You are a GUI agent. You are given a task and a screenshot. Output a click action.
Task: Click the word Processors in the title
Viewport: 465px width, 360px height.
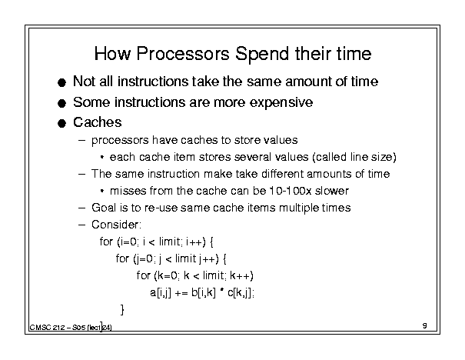(x=183, y=54)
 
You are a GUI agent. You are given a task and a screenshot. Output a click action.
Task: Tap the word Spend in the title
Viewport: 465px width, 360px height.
(x=262, y=55)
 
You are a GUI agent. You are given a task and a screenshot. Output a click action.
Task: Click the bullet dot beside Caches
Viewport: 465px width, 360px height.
(x=61, y=123)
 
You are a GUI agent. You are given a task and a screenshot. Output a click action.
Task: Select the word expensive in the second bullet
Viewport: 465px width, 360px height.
(x=281, y=102)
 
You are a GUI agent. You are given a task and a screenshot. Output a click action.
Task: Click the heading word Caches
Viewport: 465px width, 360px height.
(x=98, y=122)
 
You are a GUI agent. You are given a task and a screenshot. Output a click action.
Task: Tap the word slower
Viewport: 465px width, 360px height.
(x=332, y=191)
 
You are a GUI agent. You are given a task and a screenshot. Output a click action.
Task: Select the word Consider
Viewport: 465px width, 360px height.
(x=116, y=225)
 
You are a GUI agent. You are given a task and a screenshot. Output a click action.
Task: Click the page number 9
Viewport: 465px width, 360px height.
(x=425, y=325)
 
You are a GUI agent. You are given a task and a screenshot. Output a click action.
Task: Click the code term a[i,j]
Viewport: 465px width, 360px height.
(x=161, y=293)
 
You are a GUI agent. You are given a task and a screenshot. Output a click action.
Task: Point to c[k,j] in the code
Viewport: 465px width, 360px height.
(x=241, y=293)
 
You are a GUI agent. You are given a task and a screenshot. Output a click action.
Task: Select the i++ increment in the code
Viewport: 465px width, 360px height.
(x=195, y=242)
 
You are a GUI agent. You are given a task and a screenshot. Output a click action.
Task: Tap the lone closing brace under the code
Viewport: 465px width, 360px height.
(x=122, y=310)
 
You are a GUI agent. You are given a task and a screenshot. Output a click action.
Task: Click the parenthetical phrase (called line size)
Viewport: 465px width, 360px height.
(x=354, y=157)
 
